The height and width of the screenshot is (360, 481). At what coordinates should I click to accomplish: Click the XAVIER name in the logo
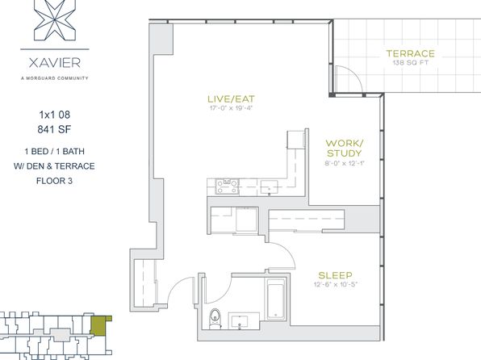coord(55,63)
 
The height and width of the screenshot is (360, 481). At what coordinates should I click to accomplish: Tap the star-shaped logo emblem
coord(55,20)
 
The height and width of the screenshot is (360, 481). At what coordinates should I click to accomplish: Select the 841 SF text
coord(54,129)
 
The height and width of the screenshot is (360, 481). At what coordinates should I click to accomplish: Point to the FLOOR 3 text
coord(54,181)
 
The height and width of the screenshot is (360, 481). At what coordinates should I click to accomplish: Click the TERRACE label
coord(411,54)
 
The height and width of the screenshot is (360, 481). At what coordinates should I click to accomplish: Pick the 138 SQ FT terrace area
coord(411,63)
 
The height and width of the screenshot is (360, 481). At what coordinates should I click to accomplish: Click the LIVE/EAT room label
coord(231,98)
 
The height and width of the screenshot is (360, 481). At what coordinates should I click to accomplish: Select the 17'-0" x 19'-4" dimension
coord(231,108)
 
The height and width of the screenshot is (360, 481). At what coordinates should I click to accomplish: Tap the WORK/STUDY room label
coord(344,148)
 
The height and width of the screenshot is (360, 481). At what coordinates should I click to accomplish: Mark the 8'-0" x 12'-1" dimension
coord(344,163)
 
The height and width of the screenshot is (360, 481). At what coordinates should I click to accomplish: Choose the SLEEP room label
coord(335,275)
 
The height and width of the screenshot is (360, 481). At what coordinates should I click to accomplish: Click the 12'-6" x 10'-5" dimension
coord(336,284)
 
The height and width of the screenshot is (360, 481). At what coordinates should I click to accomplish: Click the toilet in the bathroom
coord(215,319)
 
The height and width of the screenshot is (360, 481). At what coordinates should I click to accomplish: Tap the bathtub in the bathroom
coord(276,299)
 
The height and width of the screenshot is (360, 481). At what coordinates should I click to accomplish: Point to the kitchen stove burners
coord(228,186)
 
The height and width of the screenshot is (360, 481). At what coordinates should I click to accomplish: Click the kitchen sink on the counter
coord(269,187)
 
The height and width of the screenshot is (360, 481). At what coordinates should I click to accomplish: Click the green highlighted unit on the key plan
coord(101,325)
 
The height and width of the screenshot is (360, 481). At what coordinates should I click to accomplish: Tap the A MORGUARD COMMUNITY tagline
coord(55,78)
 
